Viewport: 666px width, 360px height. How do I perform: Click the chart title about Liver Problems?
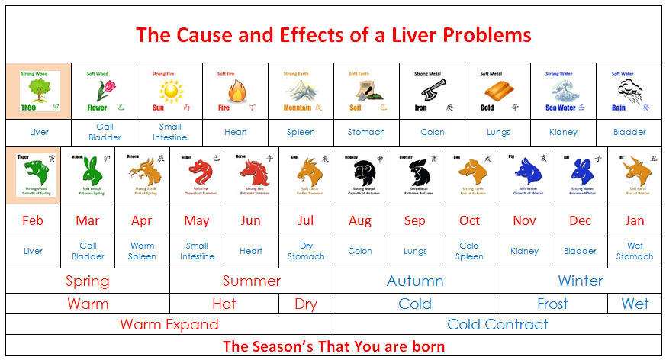(x=333, y=35)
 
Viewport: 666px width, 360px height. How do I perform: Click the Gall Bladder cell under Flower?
(x=105, y=132)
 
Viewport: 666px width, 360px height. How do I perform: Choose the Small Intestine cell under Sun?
(x=170, y=132)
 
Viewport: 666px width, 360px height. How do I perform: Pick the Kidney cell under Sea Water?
(x=563, y=132)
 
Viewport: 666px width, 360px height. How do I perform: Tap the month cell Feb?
(x=33, y=221)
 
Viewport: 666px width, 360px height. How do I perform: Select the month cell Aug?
(x=360, y=221)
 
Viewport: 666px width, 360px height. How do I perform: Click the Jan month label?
(x=635, y=221)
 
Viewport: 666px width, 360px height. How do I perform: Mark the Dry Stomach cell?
(x=306, y=251)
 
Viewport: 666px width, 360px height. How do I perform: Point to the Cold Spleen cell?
(x=469, y=251)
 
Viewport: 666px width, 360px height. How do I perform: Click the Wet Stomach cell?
(x=635, y=251)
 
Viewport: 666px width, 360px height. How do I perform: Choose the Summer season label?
(x=252, y=281)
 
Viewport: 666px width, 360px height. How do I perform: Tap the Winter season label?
(x=580, y=281)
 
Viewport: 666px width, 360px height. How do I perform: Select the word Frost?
(x=552, y=304)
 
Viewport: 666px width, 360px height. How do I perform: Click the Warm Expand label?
(x=169, y=324)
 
